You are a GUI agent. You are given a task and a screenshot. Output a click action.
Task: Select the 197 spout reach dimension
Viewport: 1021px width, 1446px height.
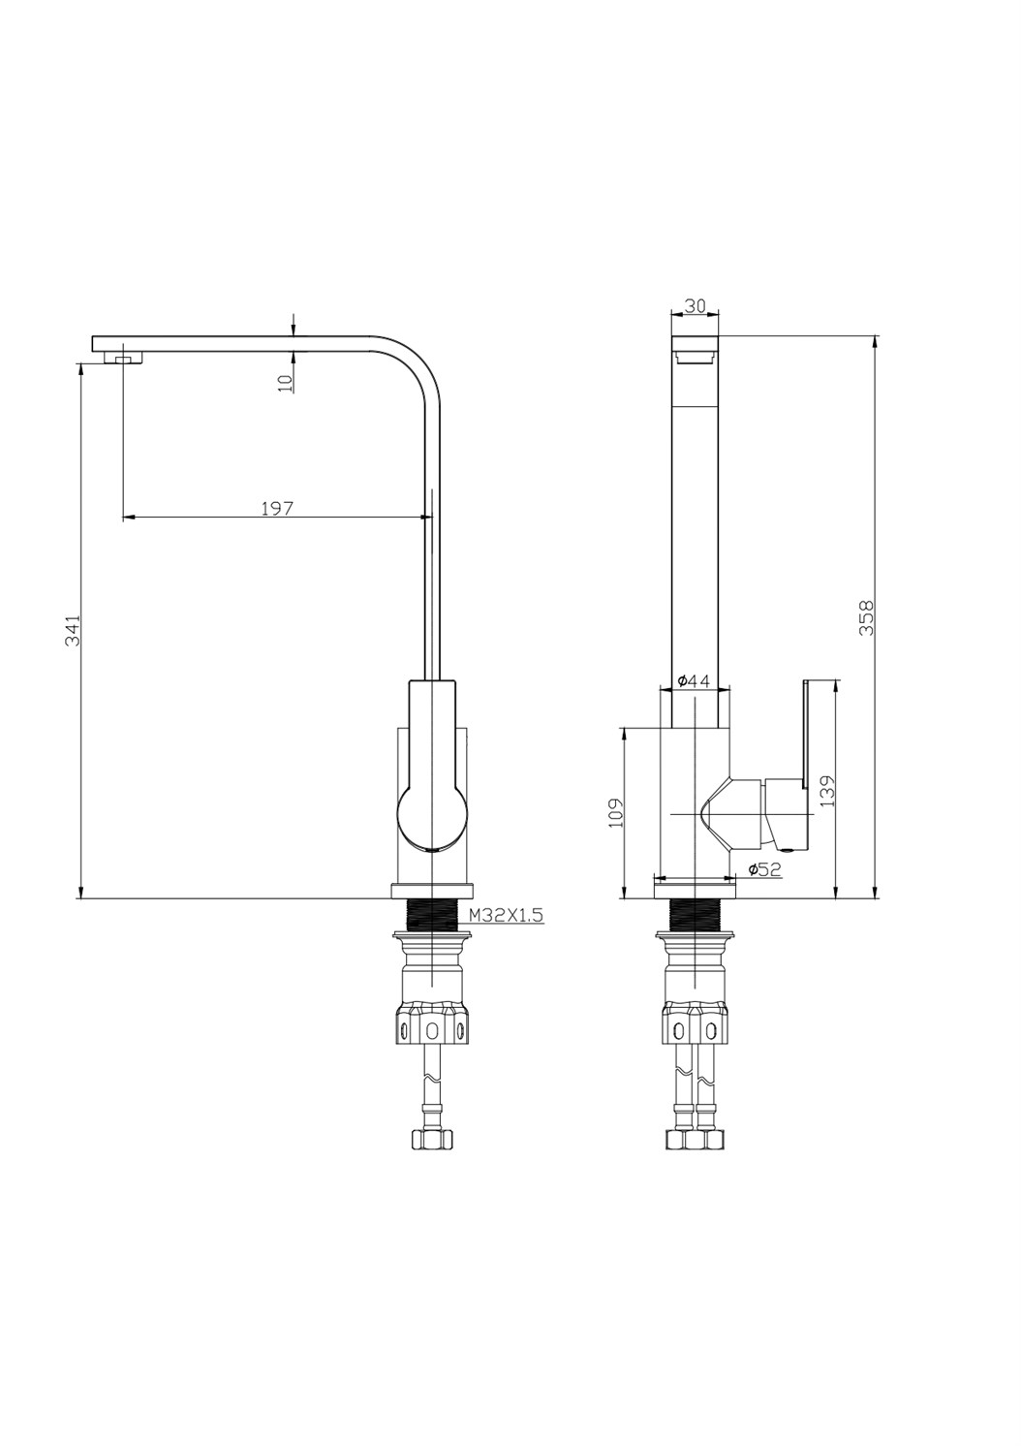[x=277, y=508]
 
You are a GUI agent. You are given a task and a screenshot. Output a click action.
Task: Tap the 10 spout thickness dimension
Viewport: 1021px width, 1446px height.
[x=285, y=382]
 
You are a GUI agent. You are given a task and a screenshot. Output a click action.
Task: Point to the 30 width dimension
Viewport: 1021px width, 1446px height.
[x=695, y=305]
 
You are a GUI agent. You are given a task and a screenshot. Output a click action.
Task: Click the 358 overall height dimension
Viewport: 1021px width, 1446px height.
[x=867, y=617]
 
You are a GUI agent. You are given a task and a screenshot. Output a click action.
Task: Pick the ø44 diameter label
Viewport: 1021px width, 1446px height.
[x=694, y=681]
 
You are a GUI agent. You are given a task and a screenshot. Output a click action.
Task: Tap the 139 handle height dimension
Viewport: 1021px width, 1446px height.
[x=826, y=790]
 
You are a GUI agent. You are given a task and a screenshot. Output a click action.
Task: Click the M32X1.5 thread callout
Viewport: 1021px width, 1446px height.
[x=506, y=914]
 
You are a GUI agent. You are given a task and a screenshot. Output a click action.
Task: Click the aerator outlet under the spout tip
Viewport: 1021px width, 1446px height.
[x=124, y=358]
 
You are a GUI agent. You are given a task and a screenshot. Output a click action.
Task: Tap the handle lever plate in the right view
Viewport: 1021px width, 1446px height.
[x=804, y=737]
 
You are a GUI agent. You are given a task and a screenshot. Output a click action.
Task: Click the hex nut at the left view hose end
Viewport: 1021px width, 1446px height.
[x=431, y=1140]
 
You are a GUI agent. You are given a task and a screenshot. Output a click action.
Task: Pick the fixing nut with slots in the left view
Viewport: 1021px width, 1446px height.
[x=431, y=1028]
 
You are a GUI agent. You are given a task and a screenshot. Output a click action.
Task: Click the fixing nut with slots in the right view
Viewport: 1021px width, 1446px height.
[x=695, y=1028]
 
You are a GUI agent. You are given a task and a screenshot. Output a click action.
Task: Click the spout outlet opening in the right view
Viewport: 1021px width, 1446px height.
[x=695, y=357]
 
